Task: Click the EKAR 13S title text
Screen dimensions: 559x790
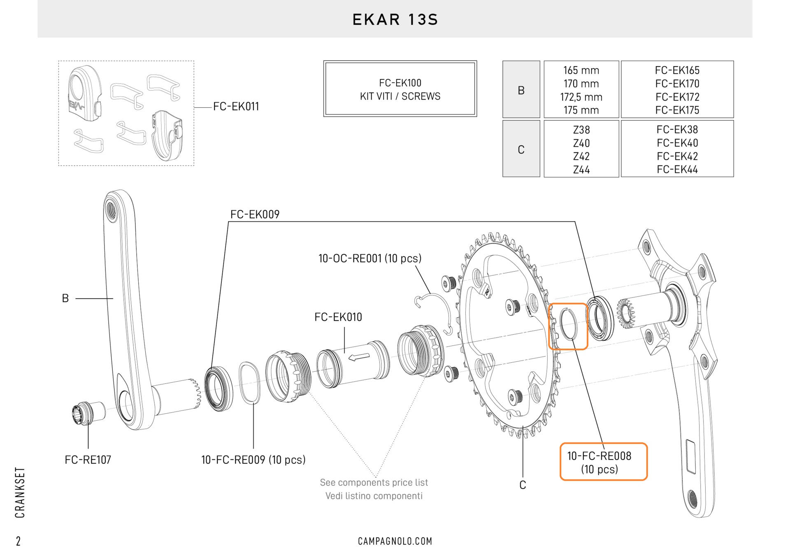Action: [395, 19]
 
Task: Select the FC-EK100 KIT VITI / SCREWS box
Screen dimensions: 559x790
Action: [400, 89]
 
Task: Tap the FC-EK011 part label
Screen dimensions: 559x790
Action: [236, 107]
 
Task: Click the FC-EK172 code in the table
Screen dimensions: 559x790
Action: [677, 97]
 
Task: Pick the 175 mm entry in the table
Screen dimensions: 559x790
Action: [581, 110]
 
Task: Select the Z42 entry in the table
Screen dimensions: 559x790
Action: [581, 156]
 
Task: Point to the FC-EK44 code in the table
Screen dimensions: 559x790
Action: [677, 170]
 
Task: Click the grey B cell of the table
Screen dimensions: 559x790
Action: [521, 90]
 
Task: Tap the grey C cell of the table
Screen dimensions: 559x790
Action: [521, 149]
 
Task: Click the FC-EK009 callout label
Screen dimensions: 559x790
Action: [255, 214]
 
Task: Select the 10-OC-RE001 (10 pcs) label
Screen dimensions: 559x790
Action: [369, 259]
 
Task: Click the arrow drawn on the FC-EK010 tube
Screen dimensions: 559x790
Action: [359, 357]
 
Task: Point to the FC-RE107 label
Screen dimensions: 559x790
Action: [88, 460]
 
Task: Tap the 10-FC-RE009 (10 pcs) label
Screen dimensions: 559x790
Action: [253, 460]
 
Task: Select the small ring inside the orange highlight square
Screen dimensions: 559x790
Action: [569, 325]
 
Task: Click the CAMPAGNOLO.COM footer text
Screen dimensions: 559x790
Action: [395, 541]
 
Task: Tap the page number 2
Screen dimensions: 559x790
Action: [18, 541]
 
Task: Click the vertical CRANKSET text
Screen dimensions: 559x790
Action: [20, 492]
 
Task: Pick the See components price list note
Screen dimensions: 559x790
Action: [374, 482]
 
